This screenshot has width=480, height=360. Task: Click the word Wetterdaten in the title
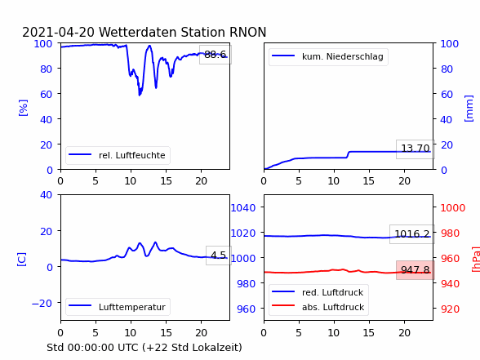pos(138,32)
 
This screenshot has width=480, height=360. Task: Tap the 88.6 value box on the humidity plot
pos(216,55)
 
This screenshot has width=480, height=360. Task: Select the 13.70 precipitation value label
pos(415,149)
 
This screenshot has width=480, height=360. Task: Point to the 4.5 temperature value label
pos(219,255)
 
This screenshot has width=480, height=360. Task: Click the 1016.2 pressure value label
pos(412,234)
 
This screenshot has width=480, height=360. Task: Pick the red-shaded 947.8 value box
pos(415,270)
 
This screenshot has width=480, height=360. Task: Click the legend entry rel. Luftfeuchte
pos(118,155)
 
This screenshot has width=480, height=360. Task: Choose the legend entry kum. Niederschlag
pos(328,56)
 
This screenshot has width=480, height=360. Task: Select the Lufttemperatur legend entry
pos(118,307)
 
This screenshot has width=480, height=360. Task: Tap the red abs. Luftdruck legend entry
pos(318,307)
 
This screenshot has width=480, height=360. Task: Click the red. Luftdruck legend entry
pos(318,292)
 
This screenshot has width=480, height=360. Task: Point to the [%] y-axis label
pos(23,108)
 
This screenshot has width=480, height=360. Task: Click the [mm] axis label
pos(469,109)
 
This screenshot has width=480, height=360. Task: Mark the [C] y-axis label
pos(22,260)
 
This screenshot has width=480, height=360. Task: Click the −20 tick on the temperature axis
pos(42,304)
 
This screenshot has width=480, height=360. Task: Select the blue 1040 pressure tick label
pos(243,208)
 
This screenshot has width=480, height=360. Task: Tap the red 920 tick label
pos(450,309)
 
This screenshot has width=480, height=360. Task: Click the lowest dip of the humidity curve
pos(140,96)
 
